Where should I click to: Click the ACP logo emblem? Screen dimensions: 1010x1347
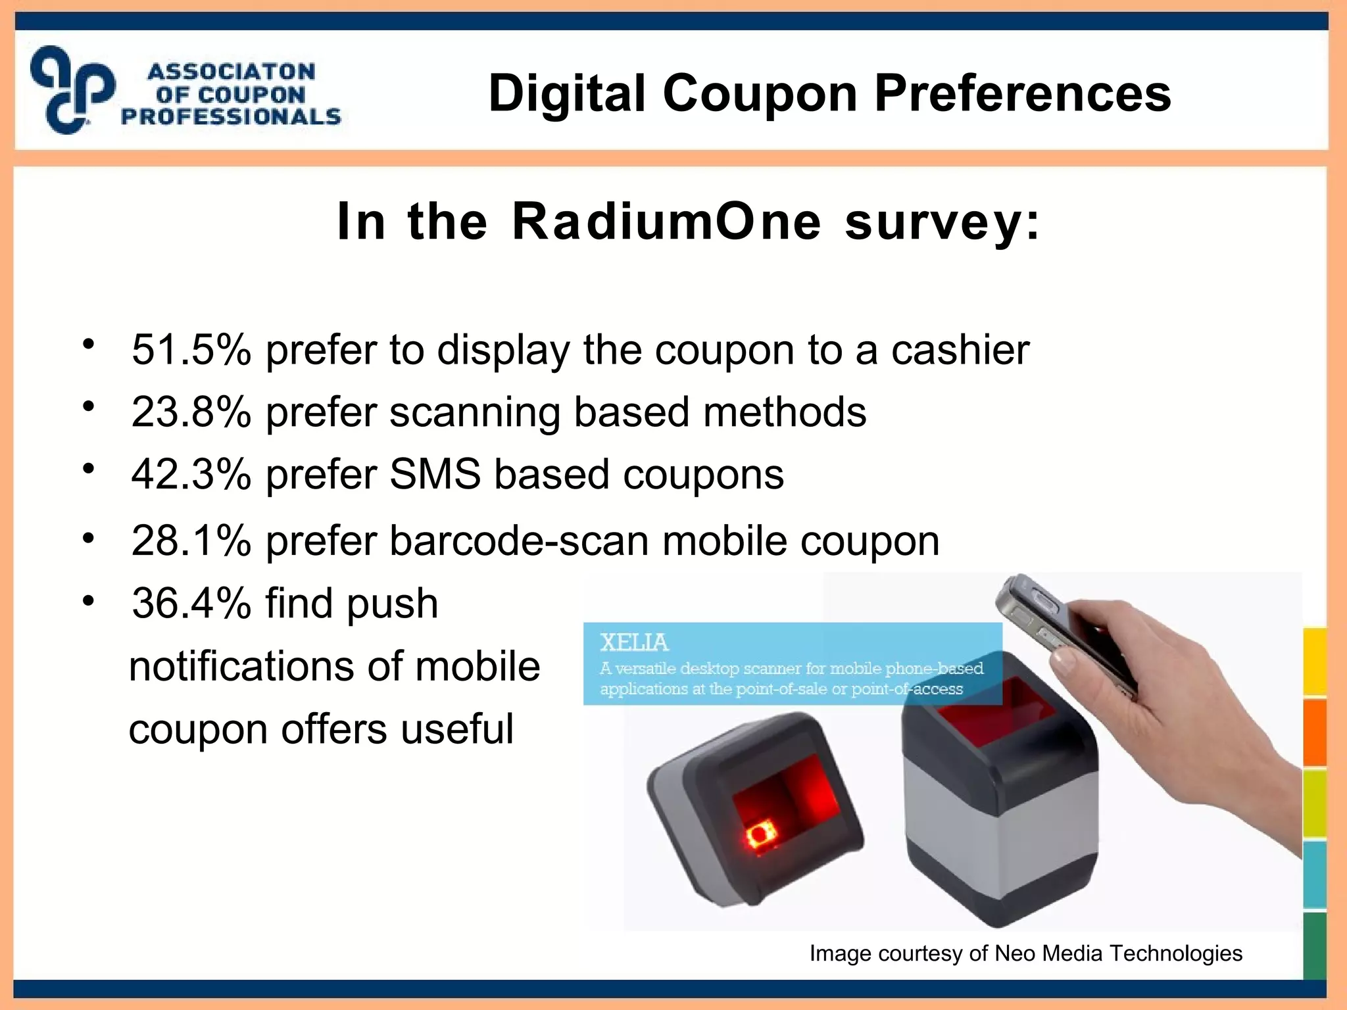tap(72, 89)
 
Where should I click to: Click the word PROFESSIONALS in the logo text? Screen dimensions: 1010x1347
tap(231, 117)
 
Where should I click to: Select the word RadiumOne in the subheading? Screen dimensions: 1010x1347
tap(666, 222)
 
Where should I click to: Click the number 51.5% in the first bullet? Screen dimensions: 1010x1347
tap(191, 350)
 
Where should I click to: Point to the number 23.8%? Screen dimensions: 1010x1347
tap(191, 412)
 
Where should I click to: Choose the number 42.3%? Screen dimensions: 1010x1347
tap(191, 475)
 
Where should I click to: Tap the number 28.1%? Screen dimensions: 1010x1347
tap(191, 541)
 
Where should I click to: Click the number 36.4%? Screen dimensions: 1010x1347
tap(191, 604)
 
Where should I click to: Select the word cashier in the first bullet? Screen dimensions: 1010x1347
tap(960, 350)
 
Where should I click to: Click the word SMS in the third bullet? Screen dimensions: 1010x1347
tap(435, 475)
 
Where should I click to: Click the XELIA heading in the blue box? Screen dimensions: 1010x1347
tap(634, 642)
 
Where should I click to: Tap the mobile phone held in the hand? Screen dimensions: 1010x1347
tap(1052, 625)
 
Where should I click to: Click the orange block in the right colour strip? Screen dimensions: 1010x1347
tap(1315, 731)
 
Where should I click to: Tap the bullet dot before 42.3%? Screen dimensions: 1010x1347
tap(89, 469)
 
